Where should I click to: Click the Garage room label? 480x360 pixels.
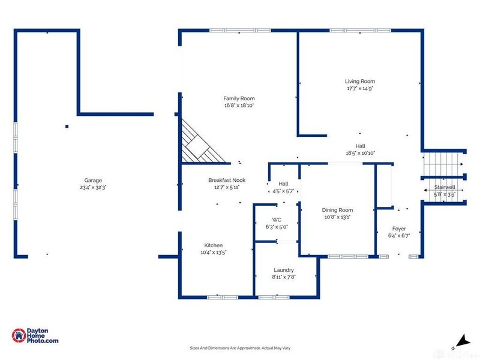93,180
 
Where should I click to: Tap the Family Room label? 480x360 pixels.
239,98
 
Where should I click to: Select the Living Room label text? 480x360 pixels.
359,82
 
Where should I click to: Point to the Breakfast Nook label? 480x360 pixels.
227,180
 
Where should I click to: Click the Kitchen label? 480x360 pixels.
214,245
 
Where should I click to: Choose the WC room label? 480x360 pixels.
277,220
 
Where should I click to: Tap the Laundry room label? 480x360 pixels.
284,270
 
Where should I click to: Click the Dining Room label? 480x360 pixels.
337,210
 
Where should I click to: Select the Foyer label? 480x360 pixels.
399,229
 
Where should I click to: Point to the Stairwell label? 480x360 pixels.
445,188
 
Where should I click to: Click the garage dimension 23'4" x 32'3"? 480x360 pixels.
93,187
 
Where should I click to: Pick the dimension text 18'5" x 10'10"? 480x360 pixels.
360,153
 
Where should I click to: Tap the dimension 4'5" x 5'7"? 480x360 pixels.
284,191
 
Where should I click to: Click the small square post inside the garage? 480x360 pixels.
67,126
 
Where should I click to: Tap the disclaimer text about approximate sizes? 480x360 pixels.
240,348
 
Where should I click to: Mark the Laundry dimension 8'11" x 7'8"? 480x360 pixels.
284,277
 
